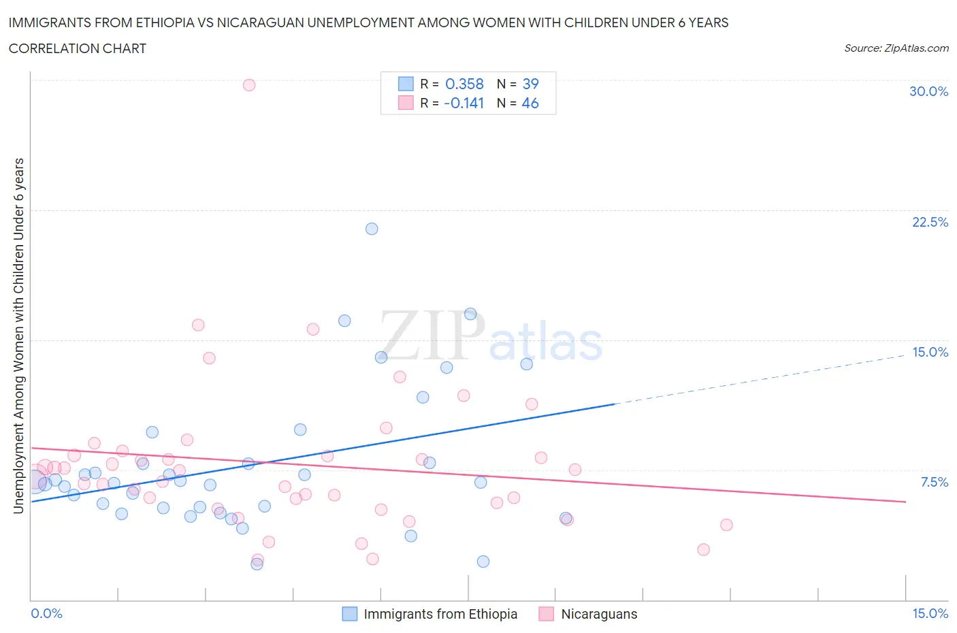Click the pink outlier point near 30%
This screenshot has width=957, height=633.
click(x=249, y=85)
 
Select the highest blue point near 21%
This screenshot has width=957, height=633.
click(x=372, y=229)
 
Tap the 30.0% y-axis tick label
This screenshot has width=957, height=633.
click(x=928, y=91)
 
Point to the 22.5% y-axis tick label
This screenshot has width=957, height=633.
click(x=930, y=222)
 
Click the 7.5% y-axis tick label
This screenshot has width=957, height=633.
click(x=934, y=482)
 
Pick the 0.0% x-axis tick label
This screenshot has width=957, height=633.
click(x=46, y=613)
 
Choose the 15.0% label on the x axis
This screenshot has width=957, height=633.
click(x=930, y=613)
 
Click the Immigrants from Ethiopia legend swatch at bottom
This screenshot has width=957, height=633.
click(x=349, y=614)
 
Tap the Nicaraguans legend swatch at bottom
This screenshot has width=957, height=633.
click(x=546, y=614)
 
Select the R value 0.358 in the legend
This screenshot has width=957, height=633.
click(x=464, y=84)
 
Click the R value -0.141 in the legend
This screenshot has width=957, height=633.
click(x=464, y=103)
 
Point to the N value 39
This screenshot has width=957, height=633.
click(x=530, y=84)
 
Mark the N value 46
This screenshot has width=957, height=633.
click(x=530, y=103)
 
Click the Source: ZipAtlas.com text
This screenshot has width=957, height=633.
click(x=896, y=48)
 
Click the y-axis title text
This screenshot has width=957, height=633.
click(x=19, y=336)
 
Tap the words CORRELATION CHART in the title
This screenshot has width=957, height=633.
click(x=78, y=48)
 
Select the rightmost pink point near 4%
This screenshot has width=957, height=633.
click(x=726, y=525)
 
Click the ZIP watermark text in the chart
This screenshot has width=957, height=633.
click(x=432, y=336)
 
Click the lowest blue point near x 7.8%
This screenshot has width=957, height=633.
click(x=483, y=562)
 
